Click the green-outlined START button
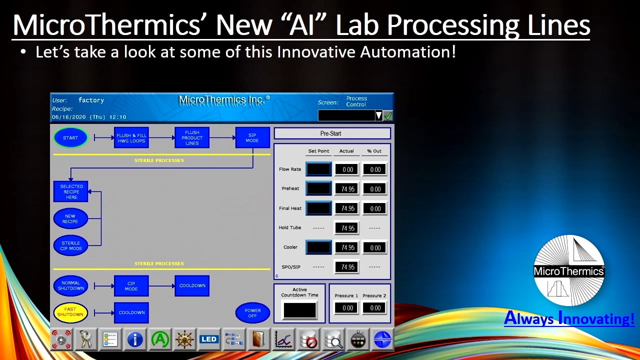coord(70,137)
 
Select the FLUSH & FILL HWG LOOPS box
coord(131,137)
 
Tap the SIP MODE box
coord(252,137)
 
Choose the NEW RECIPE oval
coord(70,218)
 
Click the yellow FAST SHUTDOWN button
coord(70,312)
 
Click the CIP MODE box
coord(131,286)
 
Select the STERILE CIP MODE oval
coord(70,245)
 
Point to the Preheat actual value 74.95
coord(347,189)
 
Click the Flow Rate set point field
coord(318,169)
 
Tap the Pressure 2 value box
coord(375,308)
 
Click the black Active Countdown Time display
coord(299,310)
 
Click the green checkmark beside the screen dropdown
coord(388,115)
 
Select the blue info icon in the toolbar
coord(135,339)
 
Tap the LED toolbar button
coord(208,339)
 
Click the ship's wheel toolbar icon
coord(184,339)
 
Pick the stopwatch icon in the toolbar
coord(357,339)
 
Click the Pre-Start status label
coord(332,133)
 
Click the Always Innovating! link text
coord(569,318)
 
